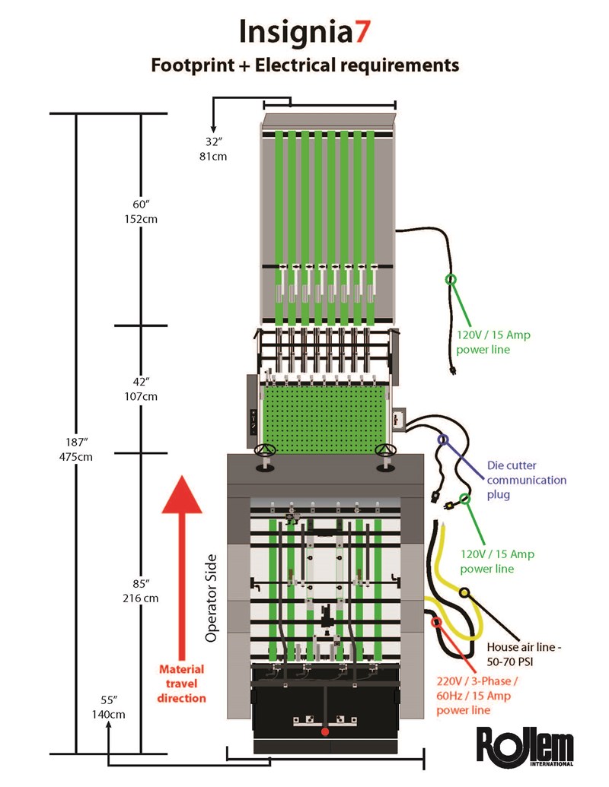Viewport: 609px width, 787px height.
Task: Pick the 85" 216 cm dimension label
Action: coord(144,590)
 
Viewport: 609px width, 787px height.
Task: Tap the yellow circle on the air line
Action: coord(464,592)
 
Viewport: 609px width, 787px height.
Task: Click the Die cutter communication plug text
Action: coord(526,480)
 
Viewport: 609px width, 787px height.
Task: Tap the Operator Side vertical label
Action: coord(212,598)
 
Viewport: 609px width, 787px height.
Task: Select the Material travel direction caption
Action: coord(182,683)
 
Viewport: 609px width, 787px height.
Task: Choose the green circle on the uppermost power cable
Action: coord(451,280)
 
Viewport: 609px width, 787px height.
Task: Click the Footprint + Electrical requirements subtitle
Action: coord(304,65)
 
